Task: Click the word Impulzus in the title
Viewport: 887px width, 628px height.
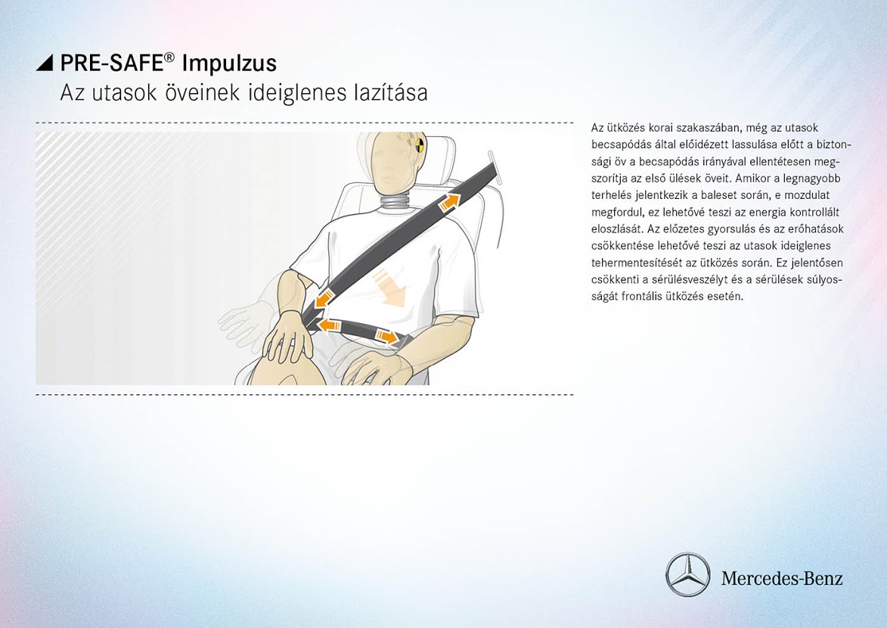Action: pyautogui.click(x=230, y=64)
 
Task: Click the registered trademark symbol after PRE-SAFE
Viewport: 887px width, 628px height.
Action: pyautogui.click(x=170, y=57)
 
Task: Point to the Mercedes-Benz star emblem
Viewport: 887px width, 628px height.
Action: pyautogui.click(x=687, y=574)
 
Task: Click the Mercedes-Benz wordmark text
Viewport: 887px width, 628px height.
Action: pyautogui.click(x=782, y=578)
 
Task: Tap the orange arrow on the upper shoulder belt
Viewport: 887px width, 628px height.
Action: pyautogui.click(x=450, y=201)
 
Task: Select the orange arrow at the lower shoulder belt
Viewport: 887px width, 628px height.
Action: pyautogui.click(x=324, y=299)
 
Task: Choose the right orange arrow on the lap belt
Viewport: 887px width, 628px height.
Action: pyautogui.click(x=387, y=337)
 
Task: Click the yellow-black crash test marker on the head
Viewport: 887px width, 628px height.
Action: pyautogui.click(x=419, y=145)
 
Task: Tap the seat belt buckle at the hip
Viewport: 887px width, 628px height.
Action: pyautogui.click(x=403, y=341)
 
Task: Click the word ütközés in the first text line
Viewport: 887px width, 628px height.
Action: pyautogui.click(x=623, y=128)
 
